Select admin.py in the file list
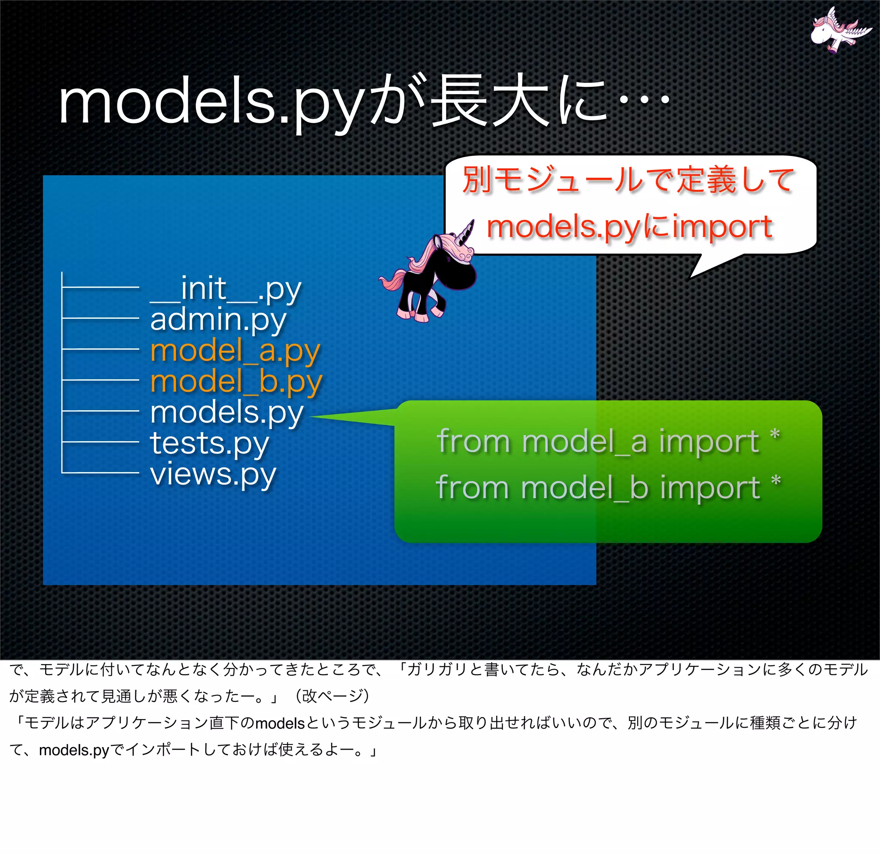pos(218,320)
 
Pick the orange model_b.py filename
pos(236,381)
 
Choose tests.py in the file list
pos(209,443)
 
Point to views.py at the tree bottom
pos(213,474)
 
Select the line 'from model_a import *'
pos(608,441)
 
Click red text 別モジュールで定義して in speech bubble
pos(629,180)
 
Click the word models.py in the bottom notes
pos(74,750)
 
